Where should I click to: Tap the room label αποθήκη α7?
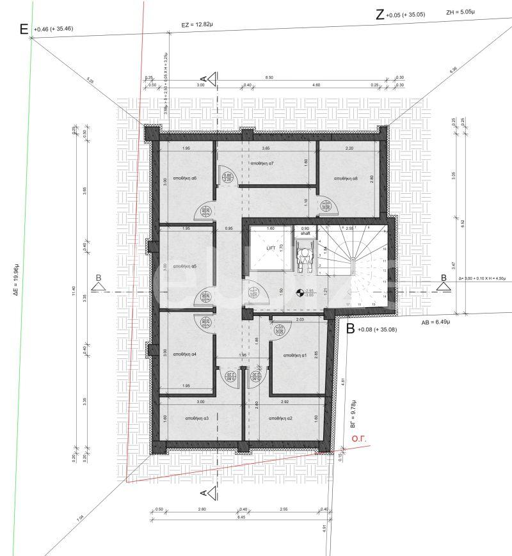point(262,164)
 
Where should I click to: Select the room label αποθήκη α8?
point(346,179)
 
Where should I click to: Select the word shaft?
point(305,234)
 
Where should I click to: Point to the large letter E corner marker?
point(24,29)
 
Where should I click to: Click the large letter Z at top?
point(380,15)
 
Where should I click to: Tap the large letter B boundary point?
point(349,329)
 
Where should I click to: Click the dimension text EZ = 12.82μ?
point(196,26)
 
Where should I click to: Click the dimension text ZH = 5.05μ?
point(462,12)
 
